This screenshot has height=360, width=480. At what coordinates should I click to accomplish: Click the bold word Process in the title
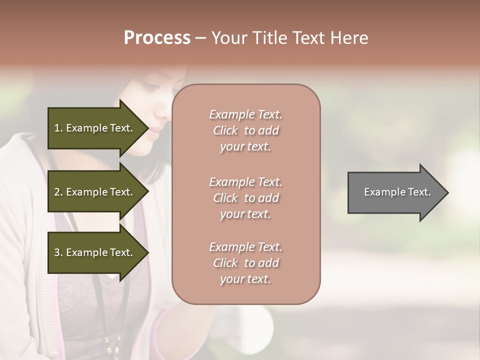(x=157, y=38)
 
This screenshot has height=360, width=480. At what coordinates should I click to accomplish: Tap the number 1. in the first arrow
(x=58, y=128)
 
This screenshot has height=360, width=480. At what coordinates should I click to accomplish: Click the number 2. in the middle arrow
(x=58, y=192)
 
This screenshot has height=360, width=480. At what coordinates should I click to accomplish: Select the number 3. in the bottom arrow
(x=58, y=253)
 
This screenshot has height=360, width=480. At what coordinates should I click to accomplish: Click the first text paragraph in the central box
(x=245, y=130)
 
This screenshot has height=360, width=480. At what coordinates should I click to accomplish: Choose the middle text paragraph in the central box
(x=245, y=198)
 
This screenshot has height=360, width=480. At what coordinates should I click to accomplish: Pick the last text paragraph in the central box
(x=245, y=263)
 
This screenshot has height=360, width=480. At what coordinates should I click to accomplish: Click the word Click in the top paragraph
(x=225, y=130)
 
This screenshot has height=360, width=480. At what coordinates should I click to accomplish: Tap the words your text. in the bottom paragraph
(x=245, y=279)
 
